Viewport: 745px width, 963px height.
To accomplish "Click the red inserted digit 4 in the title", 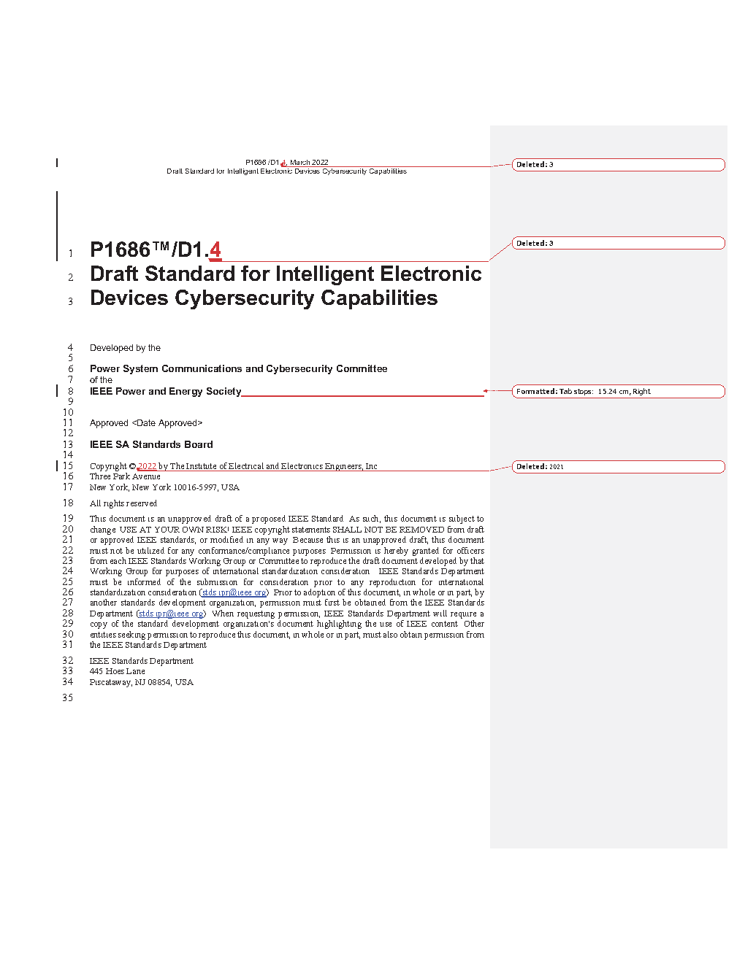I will [x=215, y=250].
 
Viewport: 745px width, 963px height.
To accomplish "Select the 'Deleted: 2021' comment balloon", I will [x=618, y=467].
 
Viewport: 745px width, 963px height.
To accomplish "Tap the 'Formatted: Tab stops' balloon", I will [x=618, y=392].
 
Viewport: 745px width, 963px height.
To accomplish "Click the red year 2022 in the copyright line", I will [x=147, y=466].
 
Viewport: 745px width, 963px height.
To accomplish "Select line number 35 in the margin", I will [x=68, y=698].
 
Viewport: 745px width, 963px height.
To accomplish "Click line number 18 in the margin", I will [x=68, y=503].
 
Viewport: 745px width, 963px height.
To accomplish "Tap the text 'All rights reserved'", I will [x=123, y=503].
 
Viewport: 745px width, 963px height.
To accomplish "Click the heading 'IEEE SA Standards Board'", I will [x=151, y=445].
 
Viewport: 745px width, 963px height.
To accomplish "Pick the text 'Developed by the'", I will [x=125, y=348].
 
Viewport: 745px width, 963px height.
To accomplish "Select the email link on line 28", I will [x=171, y=614].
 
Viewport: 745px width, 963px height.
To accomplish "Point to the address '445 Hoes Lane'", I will [x=118, y=671].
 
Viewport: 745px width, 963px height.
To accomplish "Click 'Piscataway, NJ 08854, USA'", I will [x=142, y=682].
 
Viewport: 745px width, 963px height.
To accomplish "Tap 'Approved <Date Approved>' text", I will [x=146, y=423].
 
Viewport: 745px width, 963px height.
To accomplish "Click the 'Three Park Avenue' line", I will [x=125, y=476].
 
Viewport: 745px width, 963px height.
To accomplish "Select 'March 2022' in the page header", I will [x=309, y=163].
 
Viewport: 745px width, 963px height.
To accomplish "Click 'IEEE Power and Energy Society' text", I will [x=165, y=392].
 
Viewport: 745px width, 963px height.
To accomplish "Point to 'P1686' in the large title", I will [x=120, y=250].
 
